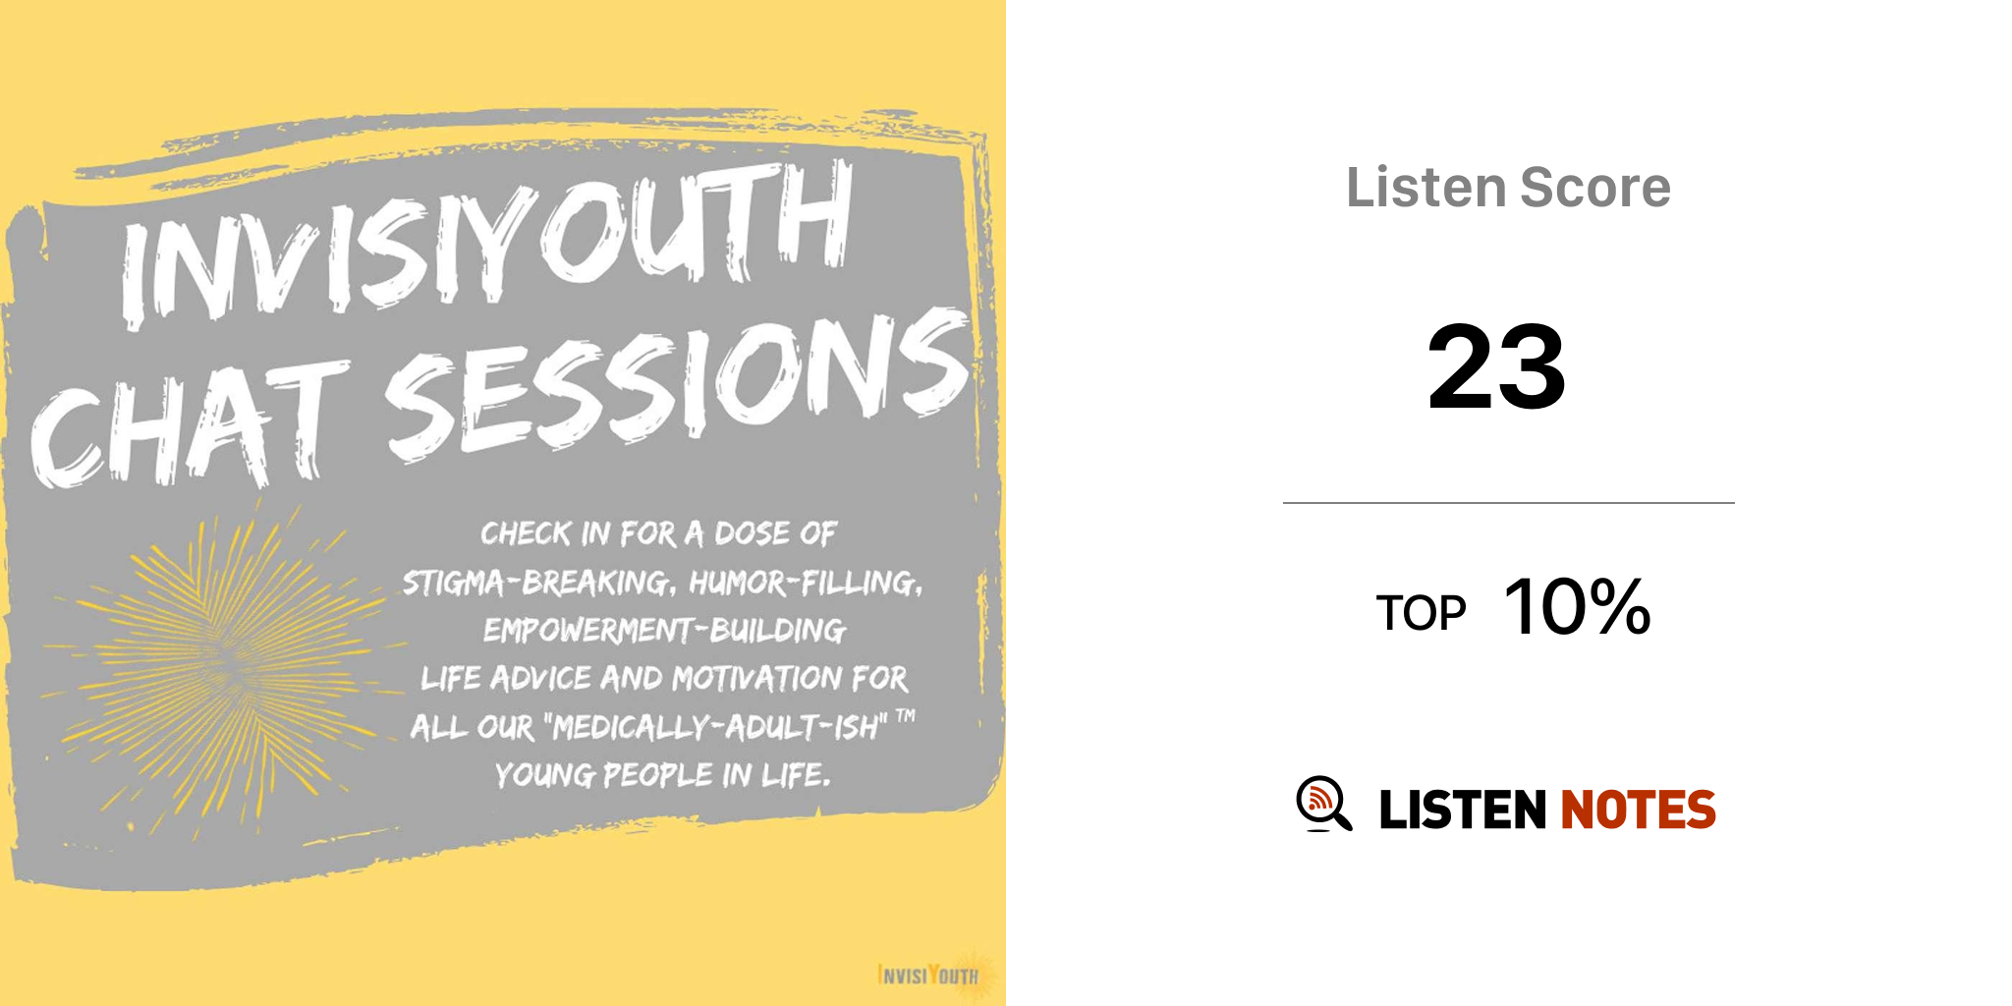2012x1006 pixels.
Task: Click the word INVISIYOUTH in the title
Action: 486,246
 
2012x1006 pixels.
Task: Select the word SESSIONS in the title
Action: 678,383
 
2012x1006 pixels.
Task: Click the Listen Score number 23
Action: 1496,366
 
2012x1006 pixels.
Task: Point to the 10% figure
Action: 1577,606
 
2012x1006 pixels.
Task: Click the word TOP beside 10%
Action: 1421,613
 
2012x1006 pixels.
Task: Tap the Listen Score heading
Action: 1508,187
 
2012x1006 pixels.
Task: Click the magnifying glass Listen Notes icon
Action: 1323,804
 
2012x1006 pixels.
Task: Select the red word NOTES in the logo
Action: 1638,810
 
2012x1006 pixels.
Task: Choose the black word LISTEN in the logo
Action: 1463,810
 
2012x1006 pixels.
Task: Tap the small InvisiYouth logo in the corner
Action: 933,975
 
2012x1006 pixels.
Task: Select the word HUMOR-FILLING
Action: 806,583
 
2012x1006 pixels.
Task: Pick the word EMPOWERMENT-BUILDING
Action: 664,630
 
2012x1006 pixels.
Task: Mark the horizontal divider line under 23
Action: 1509,503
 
